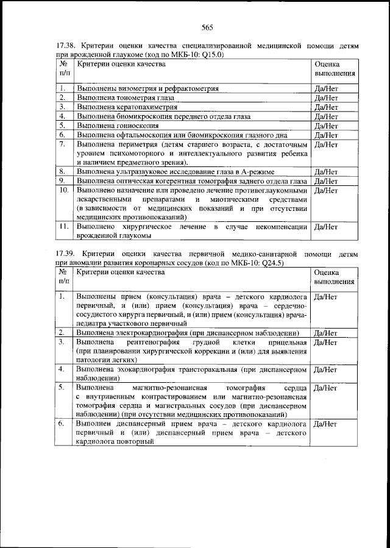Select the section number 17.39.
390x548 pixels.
point(66,254)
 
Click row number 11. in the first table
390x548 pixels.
point(63,227)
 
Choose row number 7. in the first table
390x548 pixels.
point(62,144)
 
